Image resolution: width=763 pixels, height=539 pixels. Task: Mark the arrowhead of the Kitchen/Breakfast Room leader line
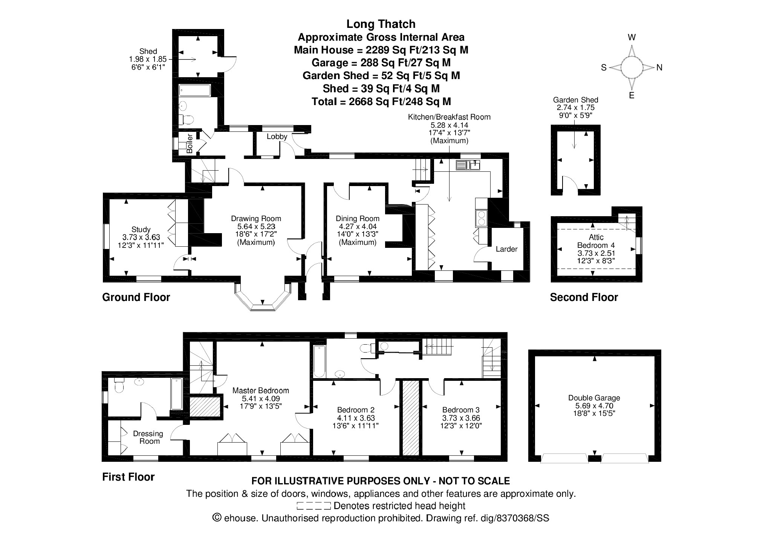tap(449, 201)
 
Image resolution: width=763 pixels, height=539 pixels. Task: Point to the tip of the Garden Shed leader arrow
tap(574, 149)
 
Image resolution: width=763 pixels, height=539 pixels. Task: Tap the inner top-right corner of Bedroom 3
tap(501, 381)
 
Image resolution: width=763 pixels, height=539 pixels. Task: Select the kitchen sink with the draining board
tap(468, 165)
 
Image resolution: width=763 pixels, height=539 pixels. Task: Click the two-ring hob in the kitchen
tap(482, 218)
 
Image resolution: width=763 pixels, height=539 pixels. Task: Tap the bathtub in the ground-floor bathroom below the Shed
tap(195, 90)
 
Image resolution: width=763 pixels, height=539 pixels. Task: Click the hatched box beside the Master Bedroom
tap(205, 407)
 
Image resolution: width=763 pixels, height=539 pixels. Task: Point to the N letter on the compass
tap(659, 68)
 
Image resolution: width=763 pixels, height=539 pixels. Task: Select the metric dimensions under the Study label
tap(141, 237)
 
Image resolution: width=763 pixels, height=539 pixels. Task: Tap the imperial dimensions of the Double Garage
tap(594, 413)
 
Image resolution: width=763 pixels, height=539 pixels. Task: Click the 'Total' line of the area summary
tap(381, 101)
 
